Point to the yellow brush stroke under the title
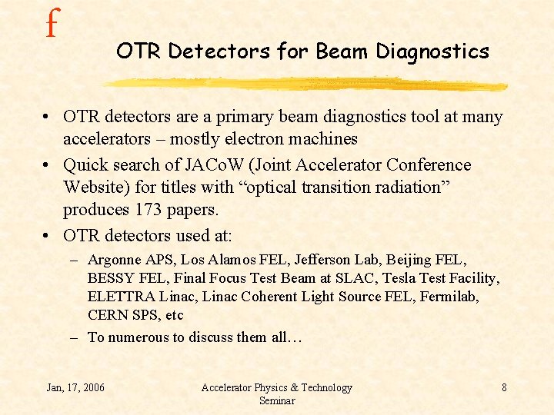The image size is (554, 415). click(308, 84)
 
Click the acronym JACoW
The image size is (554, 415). click(215, 165)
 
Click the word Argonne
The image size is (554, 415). click(115, 260)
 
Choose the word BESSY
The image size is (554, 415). click(110, 278)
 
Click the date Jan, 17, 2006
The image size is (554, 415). click(75, 387)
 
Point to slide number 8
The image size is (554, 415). click(504, 387)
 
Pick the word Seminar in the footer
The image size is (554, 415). click(276, 401)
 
